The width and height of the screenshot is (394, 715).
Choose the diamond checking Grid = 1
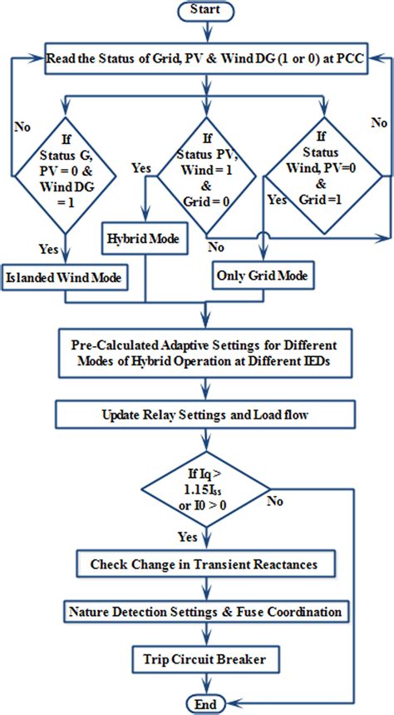[325, 173]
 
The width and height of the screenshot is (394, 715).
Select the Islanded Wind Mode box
[66, 277]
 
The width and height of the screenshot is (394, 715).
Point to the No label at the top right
[380, 122]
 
